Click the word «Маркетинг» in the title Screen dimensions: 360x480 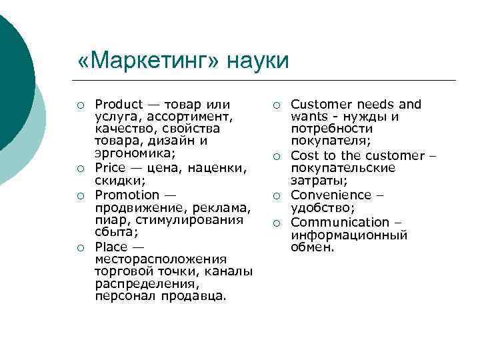[149, 61]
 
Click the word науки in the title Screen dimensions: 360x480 [259, 61]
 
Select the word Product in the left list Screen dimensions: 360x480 [119, 104]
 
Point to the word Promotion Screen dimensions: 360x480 [127, 195]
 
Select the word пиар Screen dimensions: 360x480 [109, 219]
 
